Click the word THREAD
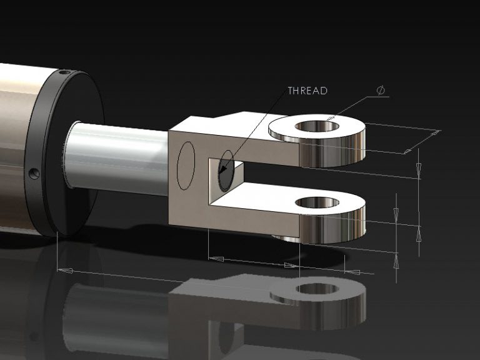click(307, 91)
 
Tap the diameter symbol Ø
click(381, 91)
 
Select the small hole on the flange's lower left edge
click(34, 172)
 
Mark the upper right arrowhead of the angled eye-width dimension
click(436, 132)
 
